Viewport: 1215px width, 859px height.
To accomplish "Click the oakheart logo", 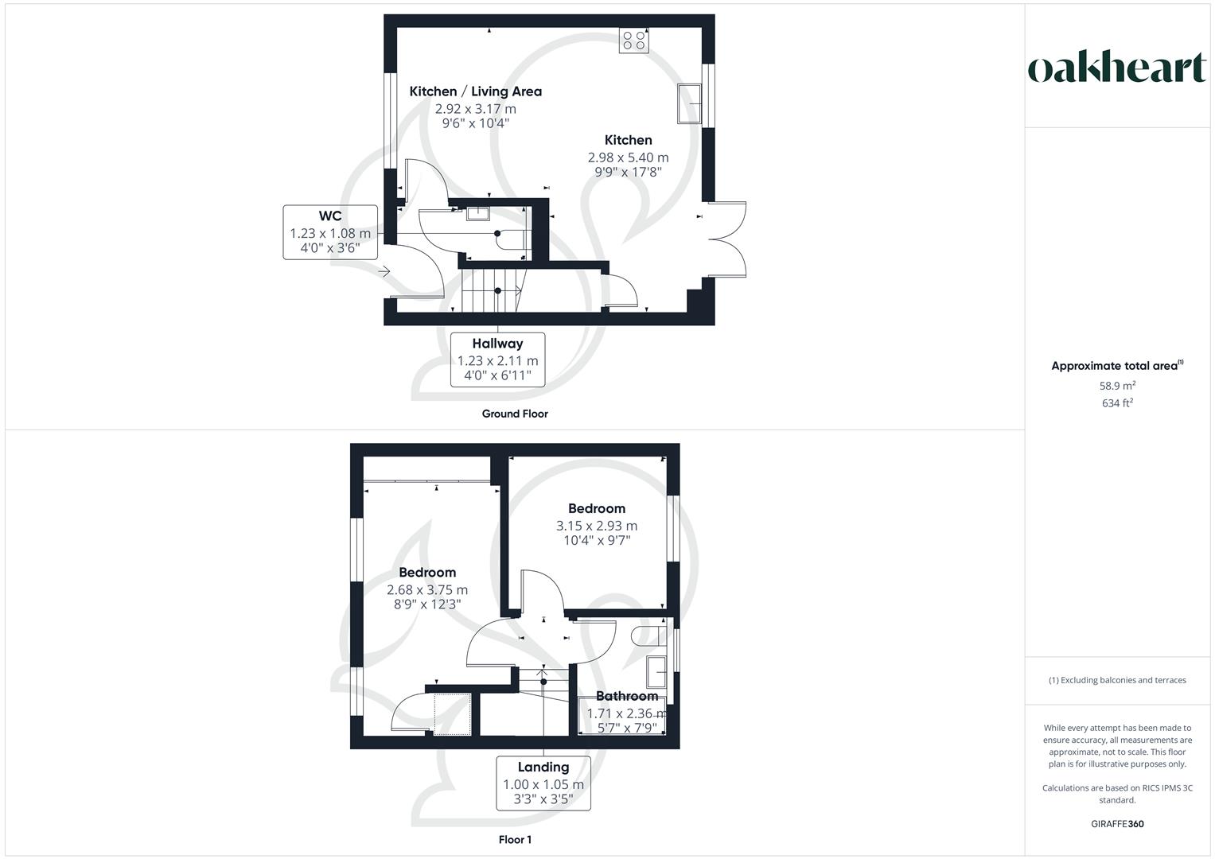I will [1116, 68].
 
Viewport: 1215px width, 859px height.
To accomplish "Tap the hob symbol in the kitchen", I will [634, 41].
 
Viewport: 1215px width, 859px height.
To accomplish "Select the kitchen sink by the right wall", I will [688, 104].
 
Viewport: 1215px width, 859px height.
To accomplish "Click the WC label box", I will [330, 231].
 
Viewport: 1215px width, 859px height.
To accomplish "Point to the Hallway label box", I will [497, 360].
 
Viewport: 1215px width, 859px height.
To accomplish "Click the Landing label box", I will [543, 783].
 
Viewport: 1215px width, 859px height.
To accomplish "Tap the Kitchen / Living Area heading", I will [475, 91].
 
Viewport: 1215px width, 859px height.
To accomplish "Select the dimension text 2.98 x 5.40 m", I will [628, 157].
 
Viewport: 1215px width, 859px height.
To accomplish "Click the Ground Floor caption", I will [515, 414].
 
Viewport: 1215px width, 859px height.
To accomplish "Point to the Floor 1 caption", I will [515, 839].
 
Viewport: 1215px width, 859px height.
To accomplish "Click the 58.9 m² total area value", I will [1117, 386].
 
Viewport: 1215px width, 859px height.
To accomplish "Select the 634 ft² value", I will [1117, 403].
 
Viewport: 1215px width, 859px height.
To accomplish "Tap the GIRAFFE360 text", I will [1117, 824].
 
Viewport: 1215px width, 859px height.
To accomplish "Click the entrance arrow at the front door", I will [384, 272].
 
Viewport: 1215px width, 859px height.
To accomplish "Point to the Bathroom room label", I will [627, 696].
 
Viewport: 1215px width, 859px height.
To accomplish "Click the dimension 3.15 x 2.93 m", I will [596, 526].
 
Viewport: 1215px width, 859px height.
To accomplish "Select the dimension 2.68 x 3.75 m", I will [427, 590].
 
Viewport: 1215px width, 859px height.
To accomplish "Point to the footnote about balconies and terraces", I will [1117, 680].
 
